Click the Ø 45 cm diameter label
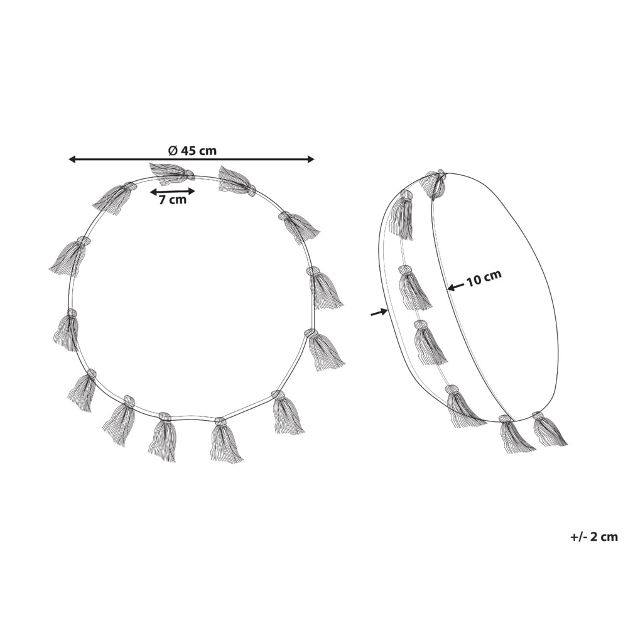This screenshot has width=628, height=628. coord(192,151)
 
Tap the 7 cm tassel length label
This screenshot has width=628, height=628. coord(173,200)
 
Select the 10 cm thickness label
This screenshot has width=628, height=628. coord(484,277)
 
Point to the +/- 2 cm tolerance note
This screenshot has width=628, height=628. coord(594,537)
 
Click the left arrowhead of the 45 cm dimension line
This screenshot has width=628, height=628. coord(72,160)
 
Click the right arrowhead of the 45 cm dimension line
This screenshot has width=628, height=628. coord(310,160)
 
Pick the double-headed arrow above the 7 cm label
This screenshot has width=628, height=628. coord(172,192)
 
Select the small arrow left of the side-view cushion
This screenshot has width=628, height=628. coord(379,312)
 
